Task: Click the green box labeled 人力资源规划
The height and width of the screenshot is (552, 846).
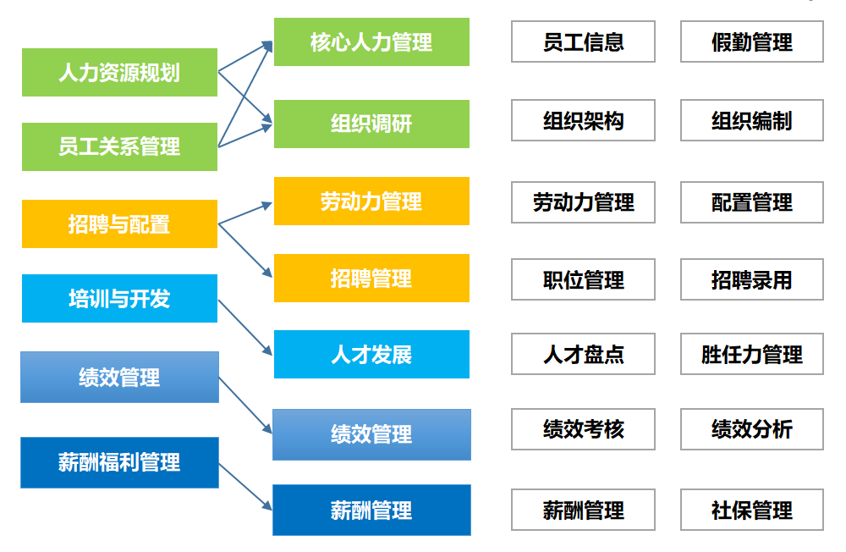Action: coord(119,72)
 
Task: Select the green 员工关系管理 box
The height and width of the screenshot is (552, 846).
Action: coord(119,146)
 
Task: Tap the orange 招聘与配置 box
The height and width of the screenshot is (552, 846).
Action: coord(119,224)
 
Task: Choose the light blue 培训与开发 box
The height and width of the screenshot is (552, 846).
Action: coord(119,298)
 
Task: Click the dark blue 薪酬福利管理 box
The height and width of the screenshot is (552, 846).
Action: coord(119,462)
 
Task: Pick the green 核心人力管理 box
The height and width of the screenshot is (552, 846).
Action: coord(371,41)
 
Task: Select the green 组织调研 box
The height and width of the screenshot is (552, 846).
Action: coord(371,124)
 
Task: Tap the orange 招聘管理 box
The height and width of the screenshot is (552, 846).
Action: coord(371,278)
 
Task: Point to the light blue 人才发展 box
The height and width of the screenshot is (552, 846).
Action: coord(371,354)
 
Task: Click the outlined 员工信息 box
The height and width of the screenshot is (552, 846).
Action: coord(583,41)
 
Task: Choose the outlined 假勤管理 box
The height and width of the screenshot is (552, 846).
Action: coord(751,41)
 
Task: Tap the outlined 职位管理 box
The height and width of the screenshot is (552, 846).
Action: coord(583,279)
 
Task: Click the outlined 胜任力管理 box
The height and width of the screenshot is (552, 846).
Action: coord(751,354)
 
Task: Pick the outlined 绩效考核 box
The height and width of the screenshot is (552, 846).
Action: coord(583,428)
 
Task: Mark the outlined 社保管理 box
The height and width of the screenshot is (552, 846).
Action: coord(751,510)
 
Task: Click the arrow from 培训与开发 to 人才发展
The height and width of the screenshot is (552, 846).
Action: coord(245,327)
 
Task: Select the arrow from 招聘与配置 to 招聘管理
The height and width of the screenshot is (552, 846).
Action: coord(245,251)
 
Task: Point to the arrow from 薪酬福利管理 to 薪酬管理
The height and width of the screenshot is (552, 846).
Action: coord(245,486)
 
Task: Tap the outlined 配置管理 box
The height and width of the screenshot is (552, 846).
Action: coord(751,202)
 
